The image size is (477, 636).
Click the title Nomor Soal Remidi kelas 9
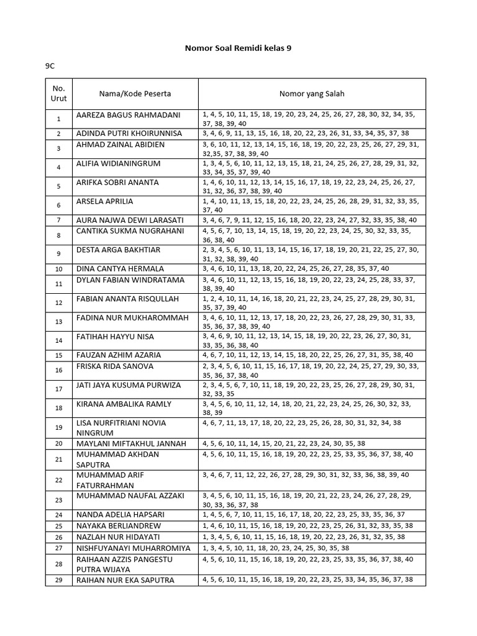pyautogui.click(x=238, y=47)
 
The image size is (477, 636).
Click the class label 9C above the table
pyautogui.click(x=50, y=65)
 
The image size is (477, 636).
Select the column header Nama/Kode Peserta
pyautogui.click(x=135, y=94)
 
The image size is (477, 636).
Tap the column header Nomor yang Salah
pyautogui.click(x=312, y=94)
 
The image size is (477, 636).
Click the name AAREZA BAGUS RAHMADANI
pyautogui.click(x=128, y=115)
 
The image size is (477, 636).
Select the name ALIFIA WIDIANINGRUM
pyautogui.click(x=118, y=164)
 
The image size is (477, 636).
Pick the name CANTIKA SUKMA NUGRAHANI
pyautogui.click(x=130, y=231)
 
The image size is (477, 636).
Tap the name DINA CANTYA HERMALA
pyautogui.click(x=120, y=268)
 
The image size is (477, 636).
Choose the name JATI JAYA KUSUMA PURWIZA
pyautogui.click(x=129, y=385)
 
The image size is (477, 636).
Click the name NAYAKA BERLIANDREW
pyautogui.click(x=117, y=525)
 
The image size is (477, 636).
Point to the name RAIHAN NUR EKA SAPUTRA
pyautogui.click(x=125, y=580)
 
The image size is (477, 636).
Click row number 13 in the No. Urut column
pyautogui.click(x=58, y=322)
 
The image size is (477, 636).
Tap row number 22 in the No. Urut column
pyautogui.click(x=58, y=480)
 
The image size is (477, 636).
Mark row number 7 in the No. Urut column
pyautogui.click(x=58, y=220)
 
